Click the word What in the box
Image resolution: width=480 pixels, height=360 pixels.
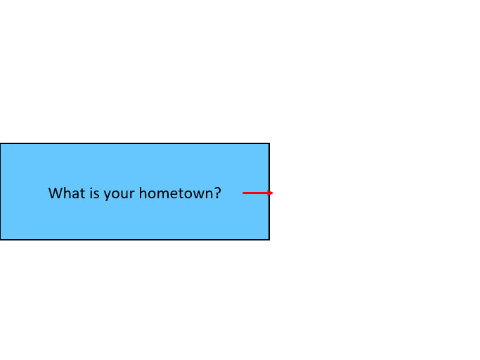[67, 193]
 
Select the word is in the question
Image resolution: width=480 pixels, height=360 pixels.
[95, 193]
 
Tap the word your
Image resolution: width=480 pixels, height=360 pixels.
[119, 195]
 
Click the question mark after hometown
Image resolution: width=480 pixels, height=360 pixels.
[217, 193]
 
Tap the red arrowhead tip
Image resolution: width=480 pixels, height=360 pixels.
[273, 193]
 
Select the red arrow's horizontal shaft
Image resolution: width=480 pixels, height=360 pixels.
[255, 193]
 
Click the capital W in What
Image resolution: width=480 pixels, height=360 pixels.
[55, 193]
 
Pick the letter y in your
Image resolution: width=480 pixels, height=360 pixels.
[107, 195]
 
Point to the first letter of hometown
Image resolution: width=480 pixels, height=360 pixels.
[143, 193]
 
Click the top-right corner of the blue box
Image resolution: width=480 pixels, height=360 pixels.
[269, 143]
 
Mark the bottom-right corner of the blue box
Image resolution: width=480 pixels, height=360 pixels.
[269, 240]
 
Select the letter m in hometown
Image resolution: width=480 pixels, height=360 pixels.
[162, 194]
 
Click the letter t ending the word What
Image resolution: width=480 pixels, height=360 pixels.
[83, 193]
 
